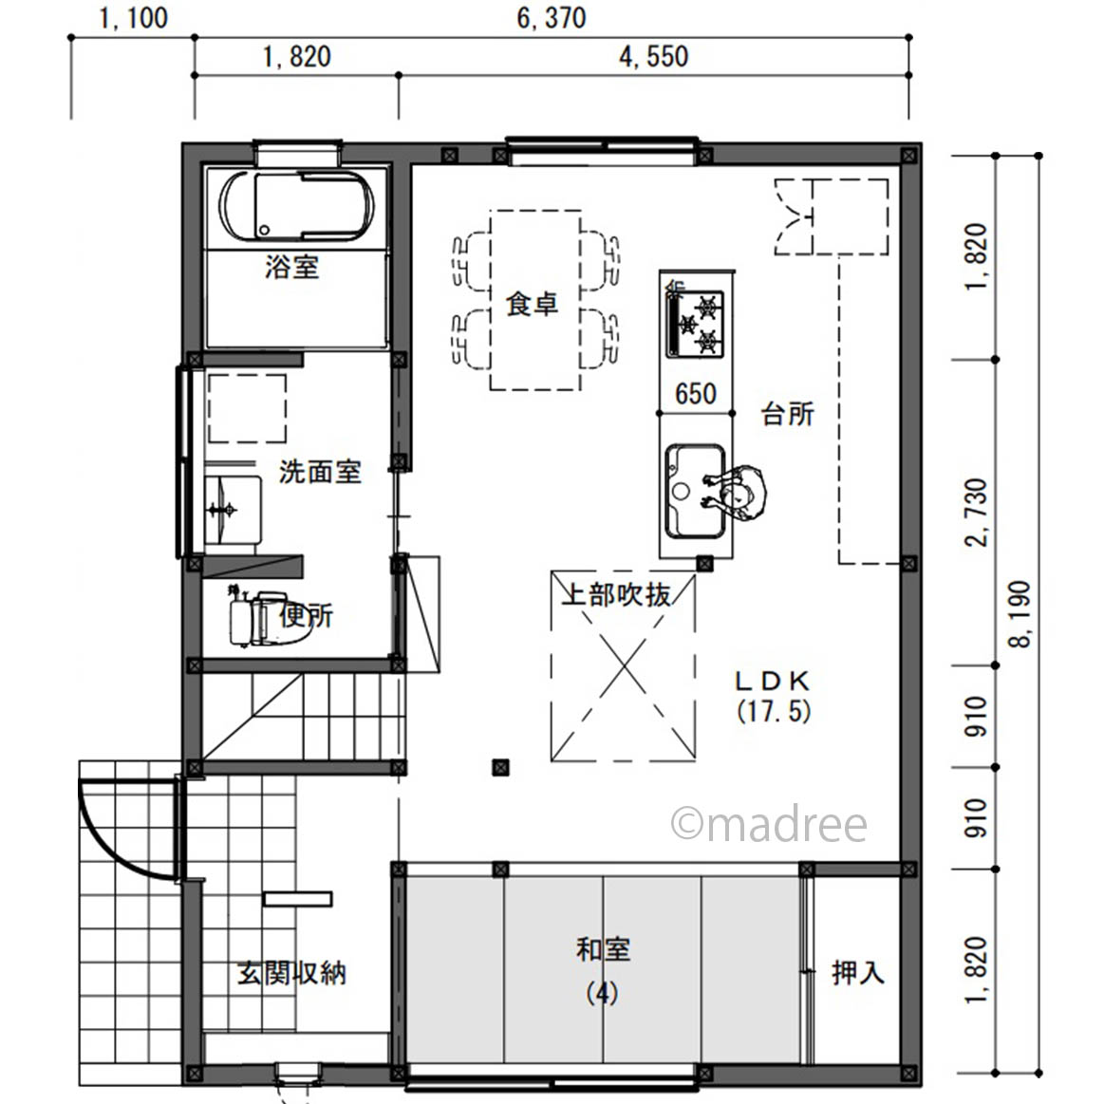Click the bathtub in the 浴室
296,206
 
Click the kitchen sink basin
695,491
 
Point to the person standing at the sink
737,492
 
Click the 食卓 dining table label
533,304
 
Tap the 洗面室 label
320,472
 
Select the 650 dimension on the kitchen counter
696,394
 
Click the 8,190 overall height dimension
1020,614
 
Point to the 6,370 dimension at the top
552,18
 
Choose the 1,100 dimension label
133,18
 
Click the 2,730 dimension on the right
977,513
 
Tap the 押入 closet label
857,972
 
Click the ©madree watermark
769,824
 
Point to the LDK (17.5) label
774,697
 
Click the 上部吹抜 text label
617,595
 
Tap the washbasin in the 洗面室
233,510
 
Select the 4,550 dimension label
653,57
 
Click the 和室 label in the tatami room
604,950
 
